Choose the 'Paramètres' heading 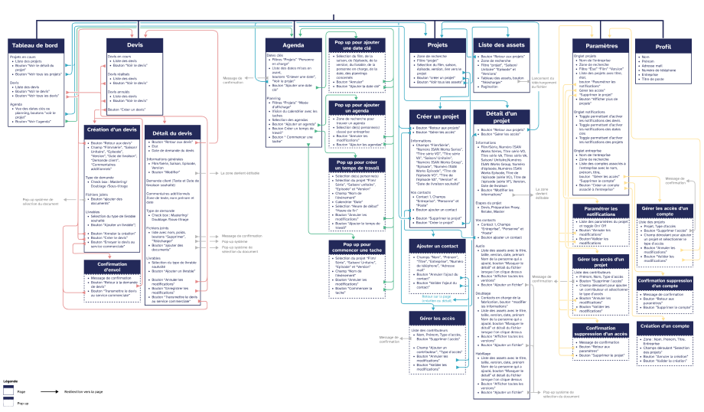click(601, 46)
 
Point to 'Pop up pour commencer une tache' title click(357, 247)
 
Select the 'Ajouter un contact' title click(438, 246)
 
